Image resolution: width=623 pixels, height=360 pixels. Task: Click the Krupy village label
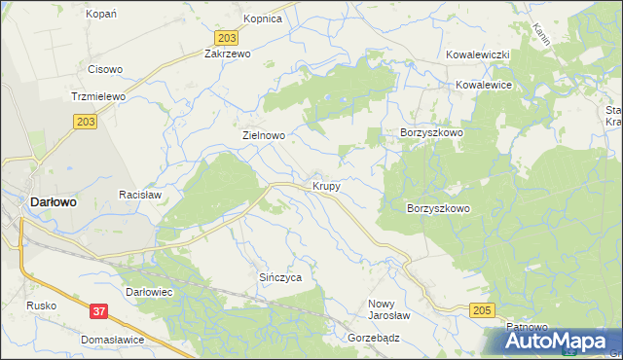click(x=326, y=185)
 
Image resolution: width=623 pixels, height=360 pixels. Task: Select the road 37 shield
click(x=98, y=311)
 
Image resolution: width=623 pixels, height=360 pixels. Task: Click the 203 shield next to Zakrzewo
click(x=227, y=37)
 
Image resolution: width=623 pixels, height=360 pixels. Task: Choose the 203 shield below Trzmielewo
click(x=84, y=121)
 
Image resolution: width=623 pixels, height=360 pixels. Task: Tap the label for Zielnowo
click(x=263, y=137)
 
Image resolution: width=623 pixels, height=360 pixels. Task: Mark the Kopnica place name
click(x=262, y=18)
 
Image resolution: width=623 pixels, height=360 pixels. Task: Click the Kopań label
click(x=101, y=14)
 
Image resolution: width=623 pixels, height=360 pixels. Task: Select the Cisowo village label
click(x=105, y=69)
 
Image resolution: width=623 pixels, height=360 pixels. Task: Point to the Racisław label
click(x=138, y=195)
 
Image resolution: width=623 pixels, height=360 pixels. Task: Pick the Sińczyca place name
click(x=280, y=277)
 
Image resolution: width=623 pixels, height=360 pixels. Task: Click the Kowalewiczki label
click(x=478, y=55)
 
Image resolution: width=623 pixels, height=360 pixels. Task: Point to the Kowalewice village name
click(x=484, y=86)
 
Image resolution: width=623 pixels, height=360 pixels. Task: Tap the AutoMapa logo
click(x=553, y=341)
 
